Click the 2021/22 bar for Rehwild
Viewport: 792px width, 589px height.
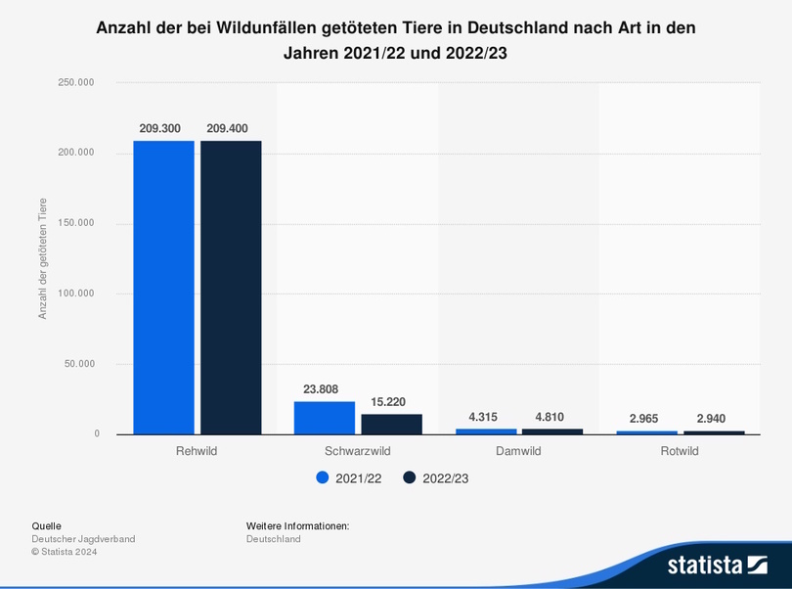[163, 288]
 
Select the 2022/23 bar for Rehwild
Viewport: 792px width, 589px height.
[231, 288]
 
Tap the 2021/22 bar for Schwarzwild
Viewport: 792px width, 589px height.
[325, 418]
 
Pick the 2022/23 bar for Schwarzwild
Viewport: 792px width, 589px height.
[391, 424]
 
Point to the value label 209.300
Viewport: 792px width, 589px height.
[163, 128]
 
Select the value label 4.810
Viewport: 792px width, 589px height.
[550, 417]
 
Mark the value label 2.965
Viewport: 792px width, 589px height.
[647, 419]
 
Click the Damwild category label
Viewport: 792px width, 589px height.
[518, 451]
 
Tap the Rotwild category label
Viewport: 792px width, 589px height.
[680, 451]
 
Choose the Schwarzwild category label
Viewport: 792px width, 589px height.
[358, 451]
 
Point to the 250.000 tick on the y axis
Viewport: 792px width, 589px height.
[76, 83]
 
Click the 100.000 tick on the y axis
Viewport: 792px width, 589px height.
[76, 294]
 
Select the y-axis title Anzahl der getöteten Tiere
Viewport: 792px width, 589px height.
[43, 258]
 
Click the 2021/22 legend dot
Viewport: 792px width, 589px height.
[322, 477]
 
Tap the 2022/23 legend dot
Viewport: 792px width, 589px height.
[410, 477]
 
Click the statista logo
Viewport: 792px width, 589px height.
[717, 564]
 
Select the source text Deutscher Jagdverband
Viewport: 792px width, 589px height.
[83, 539]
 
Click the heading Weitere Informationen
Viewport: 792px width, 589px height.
[297, 526]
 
